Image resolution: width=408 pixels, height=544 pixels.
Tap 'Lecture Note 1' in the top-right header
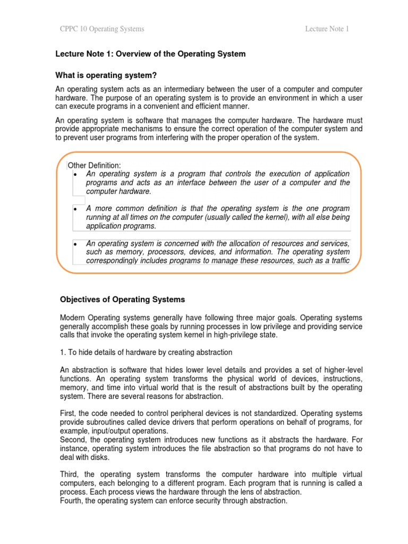[x=327, y=29]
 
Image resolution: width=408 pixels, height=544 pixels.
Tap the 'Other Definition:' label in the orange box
[x=94, y=166]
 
